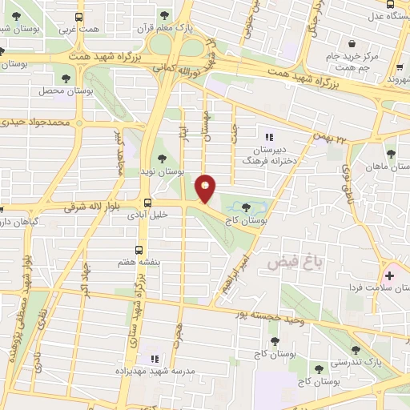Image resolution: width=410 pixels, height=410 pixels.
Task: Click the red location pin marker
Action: point(206,188)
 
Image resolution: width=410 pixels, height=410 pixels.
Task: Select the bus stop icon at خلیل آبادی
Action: point(147,203)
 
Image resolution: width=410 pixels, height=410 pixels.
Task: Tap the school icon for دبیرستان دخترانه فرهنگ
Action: point(269,135)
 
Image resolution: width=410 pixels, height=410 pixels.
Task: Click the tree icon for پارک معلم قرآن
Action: point(164,14)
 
